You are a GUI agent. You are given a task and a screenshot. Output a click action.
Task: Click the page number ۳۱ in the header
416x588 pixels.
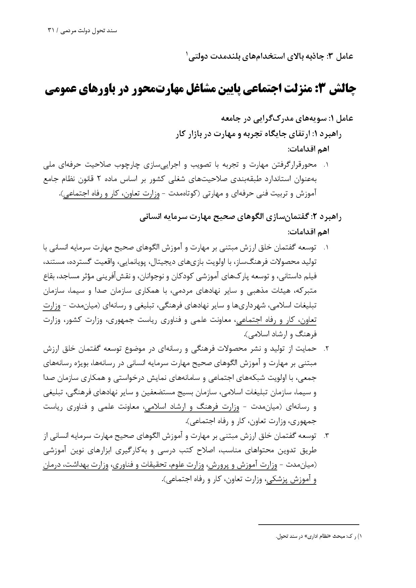click(x=51, y=30)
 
